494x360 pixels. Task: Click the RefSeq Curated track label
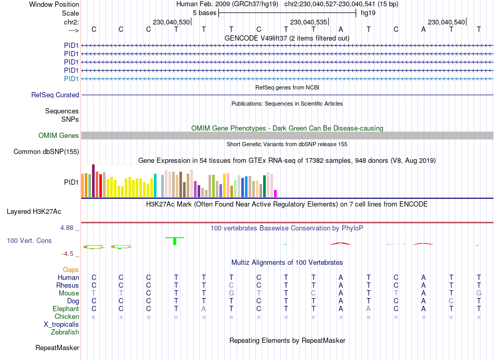point(55,95)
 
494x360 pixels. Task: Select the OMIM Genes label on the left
point(59,136)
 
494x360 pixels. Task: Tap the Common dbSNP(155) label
point(46,152)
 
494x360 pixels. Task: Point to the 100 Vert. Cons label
point(29,241)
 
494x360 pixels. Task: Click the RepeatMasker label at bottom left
point(57,348)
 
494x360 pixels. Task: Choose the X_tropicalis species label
point(61,324)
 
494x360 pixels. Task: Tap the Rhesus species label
point(68,286)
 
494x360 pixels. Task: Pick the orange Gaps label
point(71,270)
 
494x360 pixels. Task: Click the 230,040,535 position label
point(309,22)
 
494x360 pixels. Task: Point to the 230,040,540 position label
point(446,22)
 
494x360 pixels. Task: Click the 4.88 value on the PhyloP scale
point(68,228)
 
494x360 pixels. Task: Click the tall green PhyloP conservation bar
point(175,241)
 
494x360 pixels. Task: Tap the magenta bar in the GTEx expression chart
point(276,194)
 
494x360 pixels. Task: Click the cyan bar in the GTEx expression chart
point(155,185)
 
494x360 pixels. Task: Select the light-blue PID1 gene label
point(71,79)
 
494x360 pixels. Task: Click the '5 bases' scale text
point(204,12)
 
